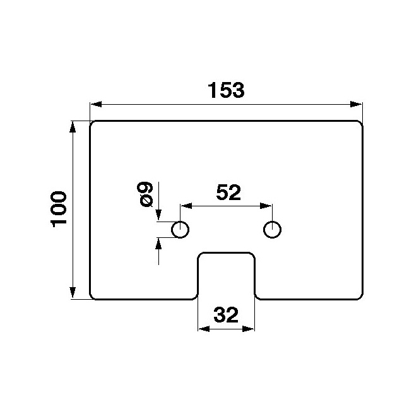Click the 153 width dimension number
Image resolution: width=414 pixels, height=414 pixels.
click(227, 90)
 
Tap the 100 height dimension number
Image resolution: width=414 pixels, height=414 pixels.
click(58, 210)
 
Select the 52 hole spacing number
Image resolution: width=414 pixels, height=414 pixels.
click(228, 192)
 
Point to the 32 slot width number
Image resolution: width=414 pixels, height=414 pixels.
click(226, 315)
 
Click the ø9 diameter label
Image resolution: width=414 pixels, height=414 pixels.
click(145, 194)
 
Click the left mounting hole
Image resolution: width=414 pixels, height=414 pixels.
click(180, 230)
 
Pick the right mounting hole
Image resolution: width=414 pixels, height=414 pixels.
click(272, 230)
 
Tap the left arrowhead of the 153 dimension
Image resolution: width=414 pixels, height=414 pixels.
click(95, 104)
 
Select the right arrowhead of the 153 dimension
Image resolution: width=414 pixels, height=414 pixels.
click(356, 104)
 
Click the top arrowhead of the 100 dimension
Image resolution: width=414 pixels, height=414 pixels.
click(73, 126)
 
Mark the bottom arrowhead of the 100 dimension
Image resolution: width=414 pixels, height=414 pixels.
click(73, 293)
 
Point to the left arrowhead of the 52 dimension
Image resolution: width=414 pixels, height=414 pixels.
click(186, 206)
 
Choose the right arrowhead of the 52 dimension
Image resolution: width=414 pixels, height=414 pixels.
click(266, 206)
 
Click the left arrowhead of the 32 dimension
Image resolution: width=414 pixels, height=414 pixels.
click(204, 329)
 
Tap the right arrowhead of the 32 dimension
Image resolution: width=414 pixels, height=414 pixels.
click(248, 329)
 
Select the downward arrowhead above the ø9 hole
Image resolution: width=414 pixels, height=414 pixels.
click(158, 215)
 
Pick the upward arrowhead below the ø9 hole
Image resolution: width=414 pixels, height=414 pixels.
click(158, 244)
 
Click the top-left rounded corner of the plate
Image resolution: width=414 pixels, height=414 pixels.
click(92, 124)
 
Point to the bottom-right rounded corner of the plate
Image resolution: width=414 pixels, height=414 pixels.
click(360, 297)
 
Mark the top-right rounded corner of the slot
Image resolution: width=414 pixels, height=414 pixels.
click(252, 256)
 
